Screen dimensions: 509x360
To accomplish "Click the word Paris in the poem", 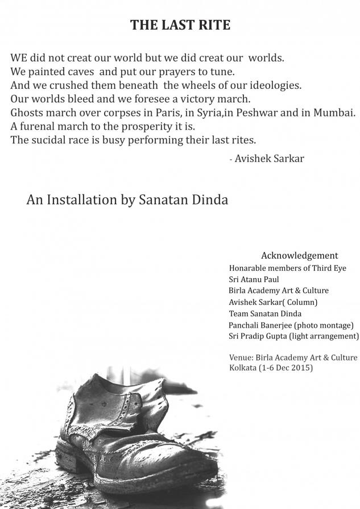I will [x=167, y=113].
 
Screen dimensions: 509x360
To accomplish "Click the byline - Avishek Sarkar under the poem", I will [x=266, y=159].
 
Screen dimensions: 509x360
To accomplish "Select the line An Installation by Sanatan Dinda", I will [x=127, y=200].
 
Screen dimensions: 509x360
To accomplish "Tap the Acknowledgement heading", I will [x=299, y=255].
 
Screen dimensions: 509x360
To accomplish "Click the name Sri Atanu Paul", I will [x=254, y=279].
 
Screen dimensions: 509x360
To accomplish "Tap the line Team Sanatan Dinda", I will [x=265, y=313].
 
